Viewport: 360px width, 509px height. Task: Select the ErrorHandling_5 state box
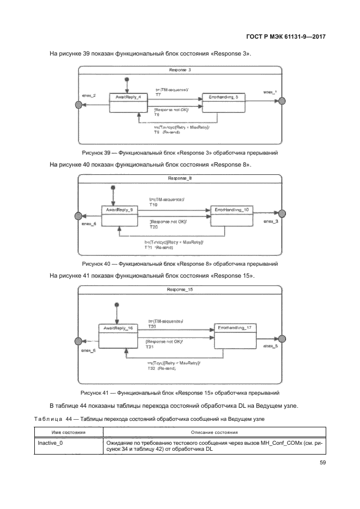click(x=223, y=102)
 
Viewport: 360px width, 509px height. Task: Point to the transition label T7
click(x=158, y=95)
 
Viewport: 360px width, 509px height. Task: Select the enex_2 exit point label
click(x=89, y=96)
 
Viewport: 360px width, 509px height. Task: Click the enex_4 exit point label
click(x=89, y=224)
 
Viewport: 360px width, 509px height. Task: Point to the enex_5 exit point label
click(x=271, y=346)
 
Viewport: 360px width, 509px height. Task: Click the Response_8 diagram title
click(x=180, y=178)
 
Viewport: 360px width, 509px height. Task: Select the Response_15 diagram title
click(x=180, y=289)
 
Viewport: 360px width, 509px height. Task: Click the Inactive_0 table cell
click(x=50, y=444)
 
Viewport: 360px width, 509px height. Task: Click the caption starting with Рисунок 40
click(x=180, y=263)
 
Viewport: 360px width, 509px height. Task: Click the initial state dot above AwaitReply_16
click(x=115, y=304)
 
